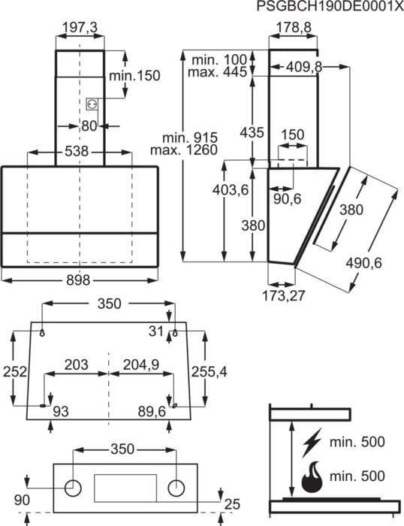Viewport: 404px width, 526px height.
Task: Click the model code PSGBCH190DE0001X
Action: (x=330, y=6)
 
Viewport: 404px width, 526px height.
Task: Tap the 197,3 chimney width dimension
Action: (x=80, y=28)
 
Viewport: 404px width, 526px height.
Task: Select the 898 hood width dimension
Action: (x=78, y=280)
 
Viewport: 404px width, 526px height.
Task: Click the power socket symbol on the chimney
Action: (x=92, y=104)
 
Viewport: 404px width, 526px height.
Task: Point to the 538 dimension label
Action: (x=77, y=152)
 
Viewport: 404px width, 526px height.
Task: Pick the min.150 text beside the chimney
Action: (x=134, y=76)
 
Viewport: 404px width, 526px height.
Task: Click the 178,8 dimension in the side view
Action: (x=294, y=28)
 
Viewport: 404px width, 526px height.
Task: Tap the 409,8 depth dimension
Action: (x=304, y=67)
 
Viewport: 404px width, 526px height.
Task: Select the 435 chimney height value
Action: (x=252, y=133)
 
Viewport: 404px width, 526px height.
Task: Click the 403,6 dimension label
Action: (x=231, y=190)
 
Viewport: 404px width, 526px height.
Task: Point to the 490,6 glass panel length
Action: (x=363, y=263)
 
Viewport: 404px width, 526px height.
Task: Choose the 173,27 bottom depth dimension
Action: (x=283, y=296)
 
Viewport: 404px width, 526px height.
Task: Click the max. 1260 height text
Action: (x=184, y=150)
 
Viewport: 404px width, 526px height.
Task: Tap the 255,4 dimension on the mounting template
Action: (x=209, y=372)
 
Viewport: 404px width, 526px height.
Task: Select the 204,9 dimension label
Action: (x=141, y=364)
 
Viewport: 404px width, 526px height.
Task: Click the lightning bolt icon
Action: (x=312, y=443)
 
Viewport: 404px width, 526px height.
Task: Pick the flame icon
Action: (x=312, y=476)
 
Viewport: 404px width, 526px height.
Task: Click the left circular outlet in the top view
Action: (x=73, y=488)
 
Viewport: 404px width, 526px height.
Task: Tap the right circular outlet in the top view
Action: (x=176, y=488)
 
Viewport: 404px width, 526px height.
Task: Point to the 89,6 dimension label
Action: (x=152, y=412)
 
